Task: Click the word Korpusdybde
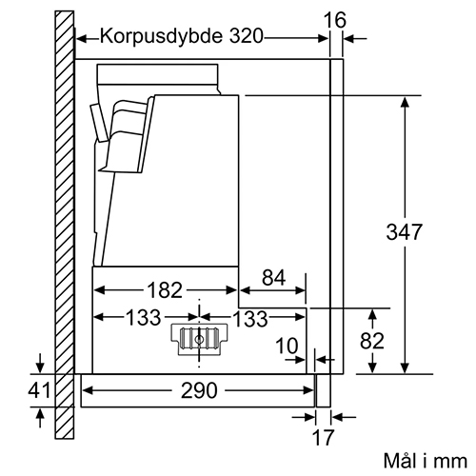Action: pos(161,37)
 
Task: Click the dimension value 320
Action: pos(247,36)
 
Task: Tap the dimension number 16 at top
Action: pos(334,20)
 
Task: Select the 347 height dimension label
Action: pos(404,231)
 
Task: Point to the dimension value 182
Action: pos(165,290)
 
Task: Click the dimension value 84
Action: pos(273,277)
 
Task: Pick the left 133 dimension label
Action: pos(143,317)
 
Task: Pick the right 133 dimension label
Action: pos(250,319)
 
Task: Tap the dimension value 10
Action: pos(287,346)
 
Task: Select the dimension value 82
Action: pos(372,341)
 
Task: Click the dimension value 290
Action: pos(199,390)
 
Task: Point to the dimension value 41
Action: pos(39,390)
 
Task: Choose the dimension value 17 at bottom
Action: pos(323,437)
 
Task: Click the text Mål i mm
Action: pos(426,461)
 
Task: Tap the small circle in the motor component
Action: pos(199,340)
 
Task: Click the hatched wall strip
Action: pos(65,225)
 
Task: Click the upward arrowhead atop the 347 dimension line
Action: pos(405,102)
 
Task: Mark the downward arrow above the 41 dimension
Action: pos(40,364)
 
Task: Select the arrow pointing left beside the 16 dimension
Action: pos(355,39)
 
